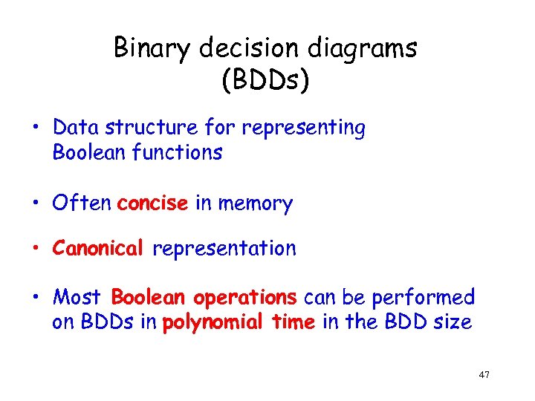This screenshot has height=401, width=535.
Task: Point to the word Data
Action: pyautogui.click(x=77, y=128)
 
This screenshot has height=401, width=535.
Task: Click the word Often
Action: pyautogui.click(x=82, y=203)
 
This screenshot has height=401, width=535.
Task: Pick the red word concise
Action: pyautogui.click(x=152, y=203)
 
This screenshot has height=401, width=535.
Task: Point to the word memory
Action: pyautogui.click(x=254, y=203)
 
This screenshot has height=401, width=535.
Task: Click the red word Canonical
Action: pyautogui.click(x=97, y=248)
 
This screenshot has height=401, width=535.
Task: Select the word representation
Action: pyautogui.click(x=224, y=248)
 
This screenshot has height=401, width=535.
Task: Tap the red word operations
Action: pyautogui.click(x=245, y=298)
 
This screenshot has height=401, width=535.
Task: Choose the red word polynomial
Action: pyautogui.click(x=210, y=323)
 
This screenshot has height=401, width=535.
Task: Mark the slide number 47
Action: pyautogui.click(x=484, y=375)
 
